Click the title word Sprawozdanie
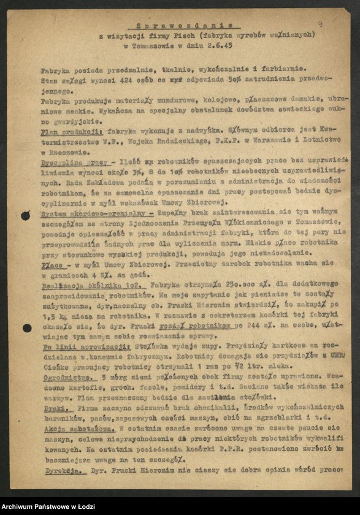181,26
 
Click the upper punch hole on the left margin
25,215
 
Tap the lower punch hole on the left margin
26,329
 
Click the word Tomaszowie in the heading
161,45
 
